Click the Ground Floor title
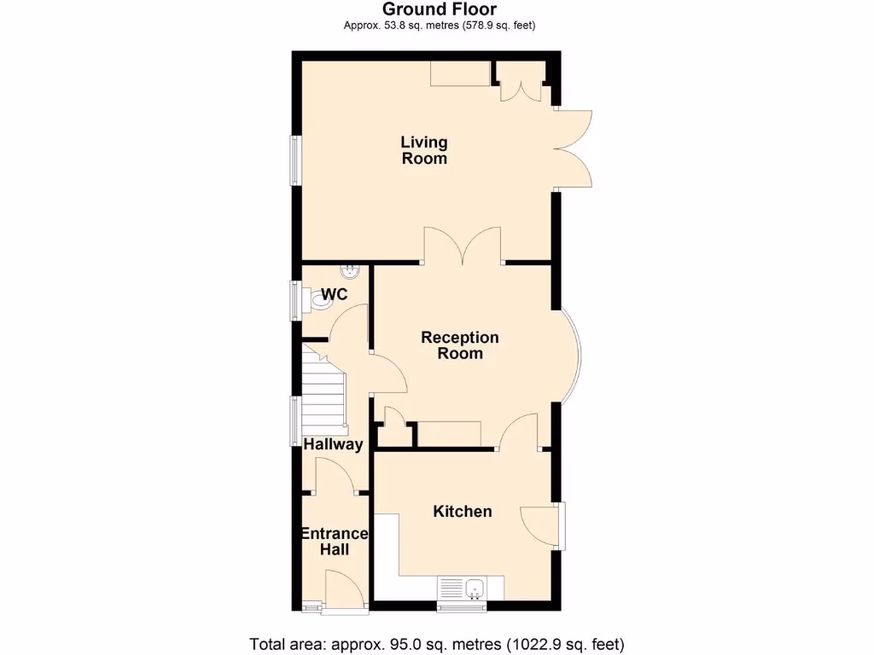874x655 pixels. (x=439, y=9)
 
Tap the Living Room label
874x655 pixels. (x=424, y=150)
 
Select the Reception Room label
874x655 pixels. (x=459, y=345)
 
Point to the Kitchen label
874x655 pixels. (x=463, y=511)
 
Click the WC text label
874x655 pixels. (x=335, y=295)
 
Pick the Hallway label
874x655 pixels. (x=334, y=444)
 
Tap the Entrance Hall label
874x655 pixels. (x=335, y=542)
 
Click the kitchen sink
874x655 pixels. (x=462, y=588)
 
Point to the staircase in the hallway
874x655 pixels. (x=323, y=392)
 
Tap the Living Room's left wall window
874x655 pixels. (x=295, y=160)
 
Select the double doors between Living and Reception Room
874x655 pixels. (x=463, y=247)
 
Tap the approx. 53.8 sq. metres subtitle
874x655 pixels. (x=439, y=26)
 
